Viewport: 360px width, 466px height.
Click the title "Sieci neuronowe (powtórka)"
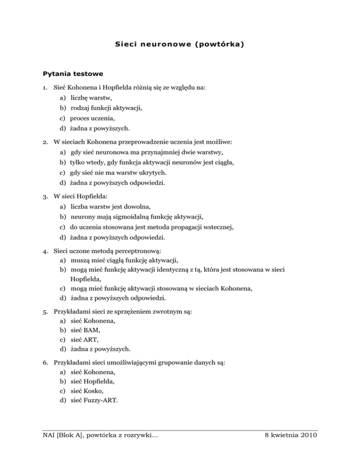180,45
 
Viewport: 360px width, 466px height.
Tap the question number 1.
45,88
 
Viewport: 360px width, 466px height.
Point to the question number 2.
45,141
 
